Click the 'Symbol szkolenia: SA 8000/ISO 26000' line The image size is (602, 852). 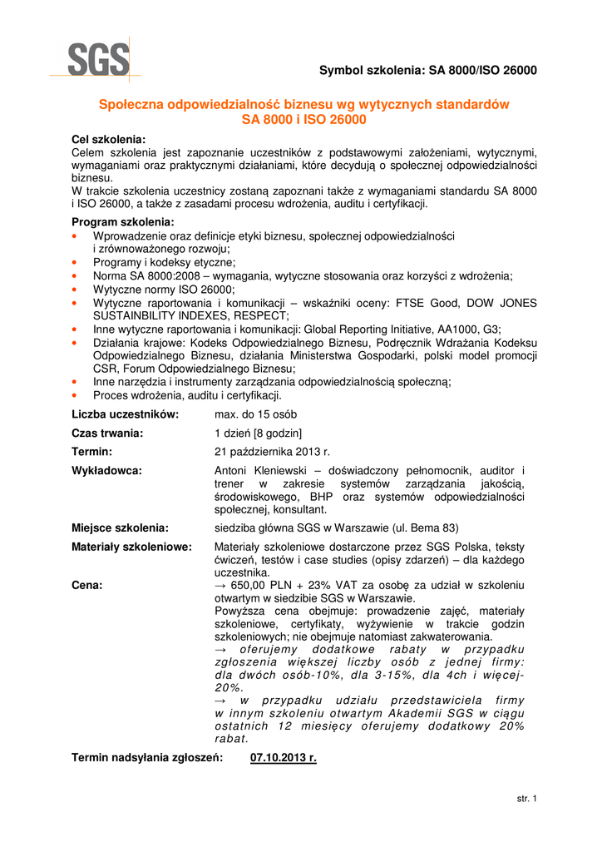point(428,71)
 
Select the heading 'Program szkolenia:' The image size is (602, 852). point(123,222)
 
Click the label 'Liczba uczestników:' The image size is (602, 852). point(126,414)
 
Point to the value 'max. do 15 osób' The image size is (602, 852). point(256,414)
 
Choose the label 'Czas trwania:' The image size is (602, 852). point(108,433)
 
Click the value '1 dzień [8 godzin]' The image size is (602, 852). point(259,433)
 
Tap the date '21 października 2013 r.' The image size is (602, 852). point(272,452)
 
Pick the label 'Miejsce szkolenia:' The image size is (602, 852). point(121,528)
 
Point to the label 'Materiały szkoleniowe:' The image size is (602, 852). point(131,547)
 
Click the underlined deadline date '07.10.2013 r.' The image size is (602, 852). point(284,758)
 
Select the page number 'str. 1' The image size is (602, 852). point(527,800)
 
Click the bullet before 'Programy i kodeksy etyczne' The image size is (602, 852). point(76,261)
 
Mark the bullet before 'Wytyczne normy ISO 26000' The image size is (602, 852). point(76,289)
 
